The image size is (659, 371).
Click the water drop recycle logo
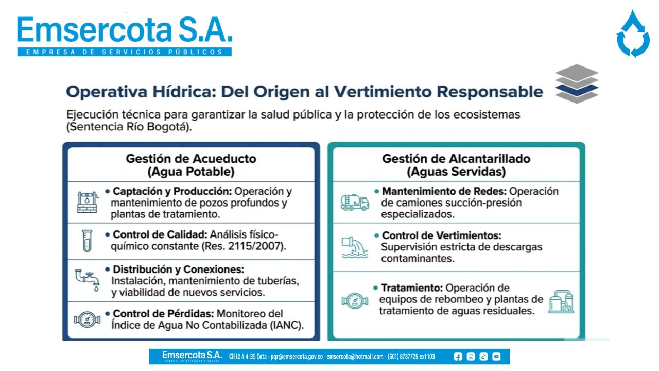[x=633, y=34]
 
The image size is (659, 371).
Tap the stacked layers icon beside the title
[x=577, y=84]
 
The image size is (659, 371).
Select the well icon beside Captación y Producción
[x=87, y=202]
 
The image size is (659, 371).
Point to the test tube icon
[x=87, y=241]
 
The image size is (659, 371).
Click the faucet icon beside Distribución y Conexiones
[x=88, y=280]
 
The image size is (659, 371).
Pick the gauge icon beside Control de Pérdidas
[x=87, y=319]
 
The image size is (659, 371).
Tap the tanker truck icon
[x=355, y=202]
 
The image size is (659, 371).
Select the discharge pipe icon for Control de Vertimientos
[x=355, y=247]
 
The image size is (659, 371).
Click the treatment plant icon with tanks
[x=561, y=301]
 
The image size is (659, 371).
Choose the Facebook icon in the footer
[x=458, y=357]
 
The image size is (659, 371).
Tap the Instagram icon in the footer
[x=471, y=357]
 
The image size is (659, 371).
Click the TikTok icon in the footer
[x=483, y=357]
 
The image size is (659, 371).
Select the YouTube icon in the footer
[x=496, y=357]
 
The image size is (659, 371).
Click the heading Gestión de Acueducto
[x=191, y=159]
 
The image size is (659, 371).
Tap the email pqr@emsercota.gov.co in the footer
[x=297, y=357]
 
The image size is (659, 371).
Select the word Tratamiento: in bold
[x=412, y=288]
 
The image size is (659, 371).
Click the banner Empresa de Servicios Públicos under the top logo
[x=125, y=52]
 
